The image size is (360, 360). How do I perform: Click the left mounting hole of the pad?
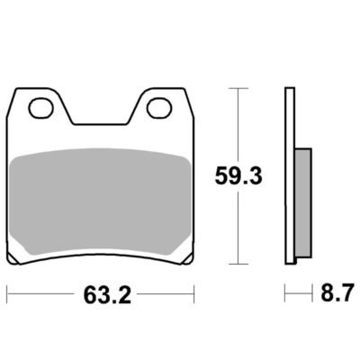point(40,108)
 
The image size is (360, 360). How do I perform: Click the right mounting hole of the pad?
point(159,108)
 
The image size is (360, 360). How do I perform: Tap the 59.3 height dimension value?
point(238,176)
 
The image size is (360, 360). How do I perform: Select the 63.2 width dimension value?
point(107,295)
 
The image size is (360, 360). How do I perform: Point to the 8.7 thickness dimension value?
point(337,292)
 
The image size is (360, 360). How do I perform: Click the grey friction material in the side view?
point(303,202)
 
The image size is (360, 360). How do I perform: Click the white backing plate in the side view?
point(290,175)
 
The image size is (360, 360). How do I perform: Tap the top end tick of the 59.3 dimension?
point(238,88)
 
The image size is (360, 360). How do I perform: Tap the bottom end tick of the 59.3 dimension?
point(238,265)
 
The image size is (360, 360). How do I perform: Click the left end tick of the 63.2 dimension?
point(7,293)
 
